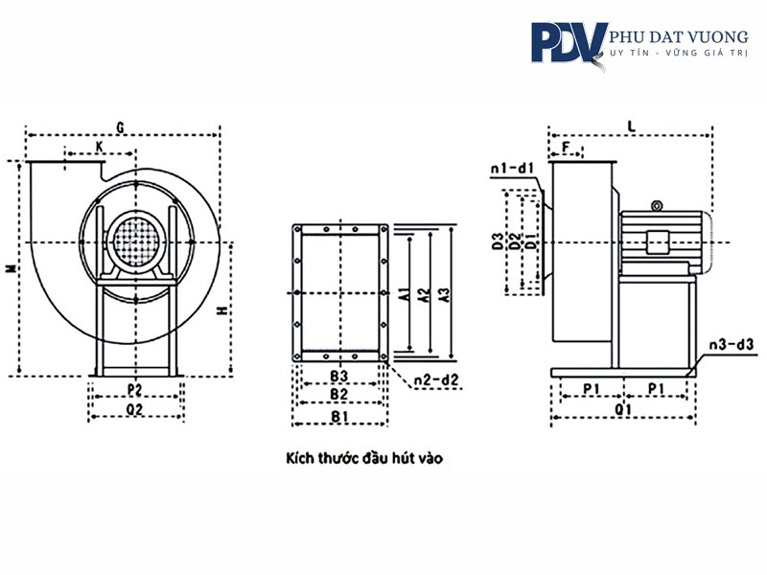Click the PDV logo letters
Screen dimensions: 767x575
(569, 43)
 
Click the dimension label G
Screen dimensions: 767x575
(120, 127)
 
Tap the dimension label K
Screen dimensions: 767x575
(100, 147)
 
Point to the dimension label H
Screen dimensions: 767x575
(222, 310)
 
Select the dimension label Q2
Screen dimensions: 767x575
(134, 409)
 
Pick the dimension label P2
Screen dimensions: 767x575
(134, 390)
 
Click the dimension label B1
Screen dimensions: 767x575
(339, 417)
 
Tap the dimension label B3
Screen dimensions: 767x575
(338, 376)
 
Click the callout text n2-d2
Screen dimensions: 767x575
(437, 379)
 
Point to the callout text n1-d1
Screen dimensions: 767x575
(513, 169)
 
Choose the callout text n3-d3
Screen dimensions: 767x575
(732, 344)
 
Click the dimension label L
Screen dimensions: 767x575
(632, 126)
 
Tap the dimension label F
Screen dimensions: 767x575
(566, 147)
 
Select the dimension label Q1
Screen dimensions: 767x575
(622, 409)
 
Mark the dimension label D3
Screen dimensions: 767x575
(498, 241)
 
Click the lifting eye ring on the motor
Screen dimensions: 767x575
(657, 206)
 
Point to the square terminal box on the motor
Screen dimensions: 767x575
(657, 242)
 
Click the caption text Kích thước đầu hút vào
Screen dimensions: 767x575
(364, 458)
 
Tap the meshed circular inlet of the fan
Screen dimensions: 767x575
(136, 242)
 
